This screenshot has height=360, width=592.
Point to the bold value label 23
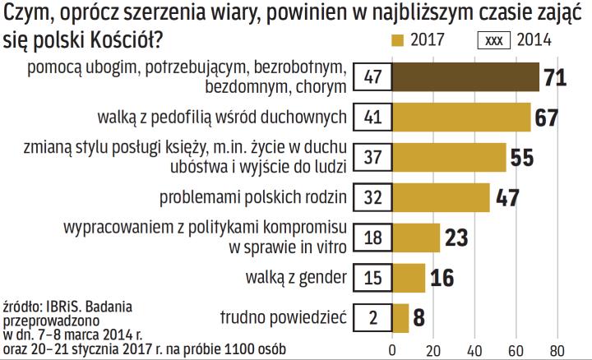[x=456, y=238]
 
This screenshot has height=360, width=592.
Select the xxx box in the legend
[x=494, y=40]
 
